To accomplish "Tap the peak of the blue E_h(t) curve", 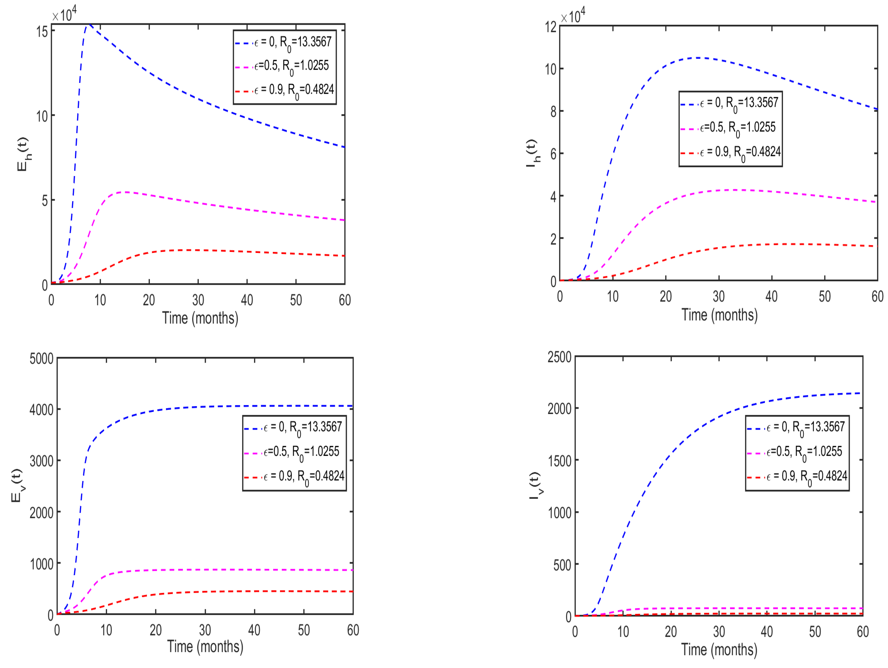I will (x=89, y=25).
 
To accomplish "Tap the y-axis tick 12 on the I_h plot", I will (x=550, y=27).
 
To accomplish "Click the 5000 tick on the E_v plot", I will (x=41, y=359).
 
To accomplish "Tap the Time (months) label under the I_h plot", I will (x=719, y=315).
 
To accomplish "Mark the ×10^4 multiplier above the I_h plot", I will (x=573, y=16).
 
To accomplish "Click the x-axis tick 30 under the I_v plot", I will (x=719, y=632).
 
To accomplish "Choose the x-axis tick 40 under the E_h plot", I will (x=247, y=300).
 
